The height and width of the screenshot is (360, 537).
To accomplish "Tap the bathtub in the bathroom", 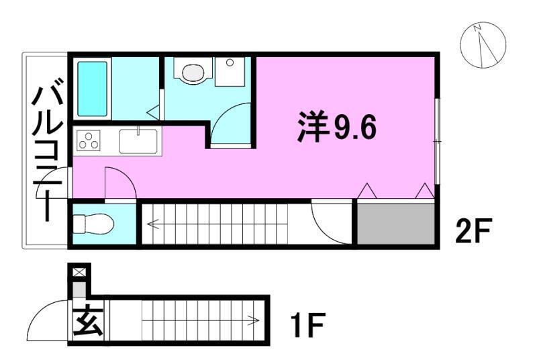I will coord(93,89).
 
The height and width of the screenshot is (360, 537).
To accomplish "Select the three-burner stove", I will coord(89,141).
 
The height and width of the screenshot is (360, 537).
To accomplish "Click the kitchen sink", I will coord(138,141).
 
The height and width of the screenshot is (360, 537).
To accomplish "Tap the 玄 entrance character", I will coord(88,321).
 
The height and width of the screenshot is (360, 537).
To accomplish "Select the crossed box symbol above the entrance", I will coord(79,272).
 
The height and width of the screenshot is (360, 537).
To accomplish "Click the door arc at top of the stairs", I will coord(331,224).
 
